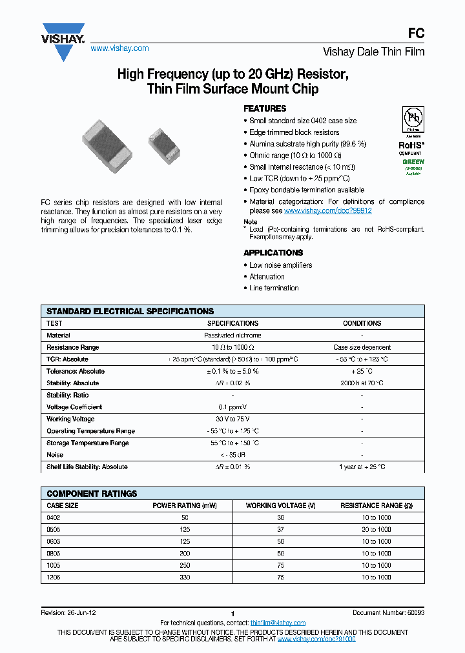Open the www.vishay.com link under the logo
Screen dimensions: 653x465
pos(119,48)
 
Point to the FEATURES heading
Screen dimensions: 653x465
pos(265,108)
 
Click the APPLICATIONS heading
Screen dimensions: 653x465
pos(273,252)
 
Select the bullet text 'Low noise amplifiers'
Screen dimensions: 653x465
pos(281,265)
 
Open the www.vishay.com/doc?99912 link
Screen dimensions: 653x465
pos(327,210)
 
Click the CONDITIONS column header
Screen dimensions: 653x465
pos(362,323)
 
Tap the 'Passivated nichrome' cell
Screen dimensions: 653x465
pos(232,336)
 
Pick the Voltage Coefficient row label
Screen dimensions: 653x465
pos(74,407)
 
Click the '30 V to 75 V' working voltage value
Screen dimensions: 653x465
pos(232,419)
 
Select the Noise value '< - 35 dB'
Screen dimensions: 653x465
pos(232,455)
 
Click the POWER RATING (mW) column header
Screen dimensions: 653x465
pos(185,505)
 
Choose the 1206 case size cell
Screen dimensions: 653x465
pos(54,578)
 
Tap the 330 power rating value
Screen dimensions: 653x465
pos(185,578)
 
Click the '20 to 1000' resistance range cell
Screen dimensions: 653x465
pos(376,529)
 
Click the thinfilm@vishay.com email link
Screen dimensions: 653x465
pos(278,623)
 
